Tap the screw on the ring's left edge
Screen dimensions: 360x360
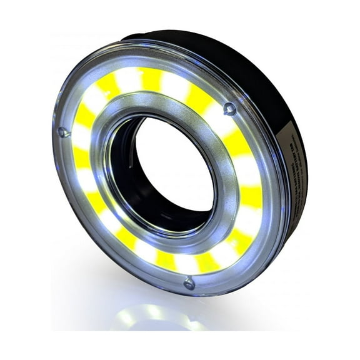pyautogui.click(x=61, y=132)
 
